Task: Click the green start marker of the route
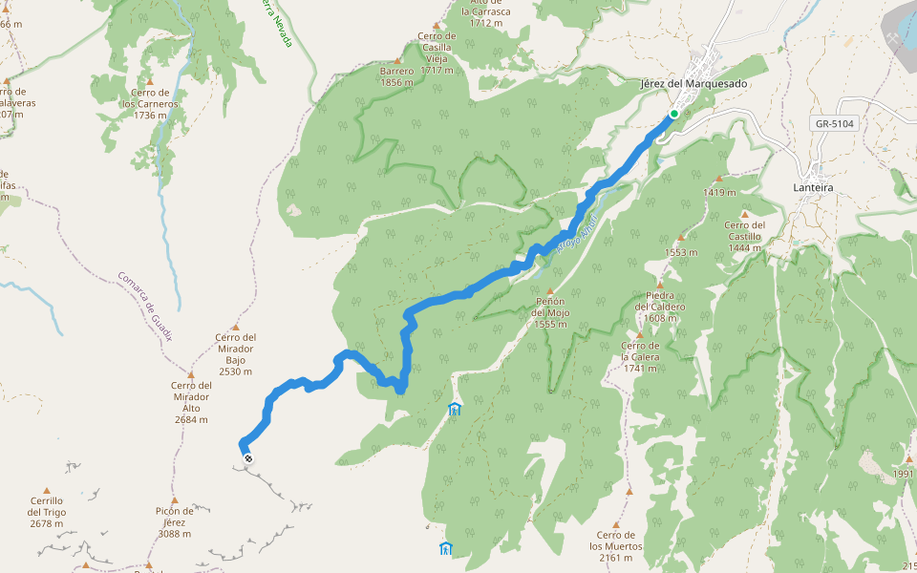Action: [673, 114]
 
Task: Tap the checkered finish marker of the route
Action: [249, 459]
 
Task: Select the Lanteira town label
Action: [813, 188]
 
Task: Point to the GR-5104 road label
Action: [835, 123]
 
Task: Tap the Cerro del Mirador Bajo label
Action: [235, 353]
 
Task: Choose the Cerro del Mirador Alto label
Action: [191, 401]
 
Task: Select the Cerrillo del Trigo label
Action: [46, 511]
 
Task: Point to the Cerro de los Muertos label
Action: [615, 546]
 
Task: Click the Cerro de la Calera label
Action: [640, 356]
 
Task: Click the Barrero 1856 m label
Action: [396, 76]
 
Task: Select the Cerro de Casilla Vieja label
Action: [437, 53]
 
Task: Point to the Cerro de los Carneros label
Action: [151, 103]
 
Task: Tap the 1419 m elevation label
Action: [718, 192]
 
